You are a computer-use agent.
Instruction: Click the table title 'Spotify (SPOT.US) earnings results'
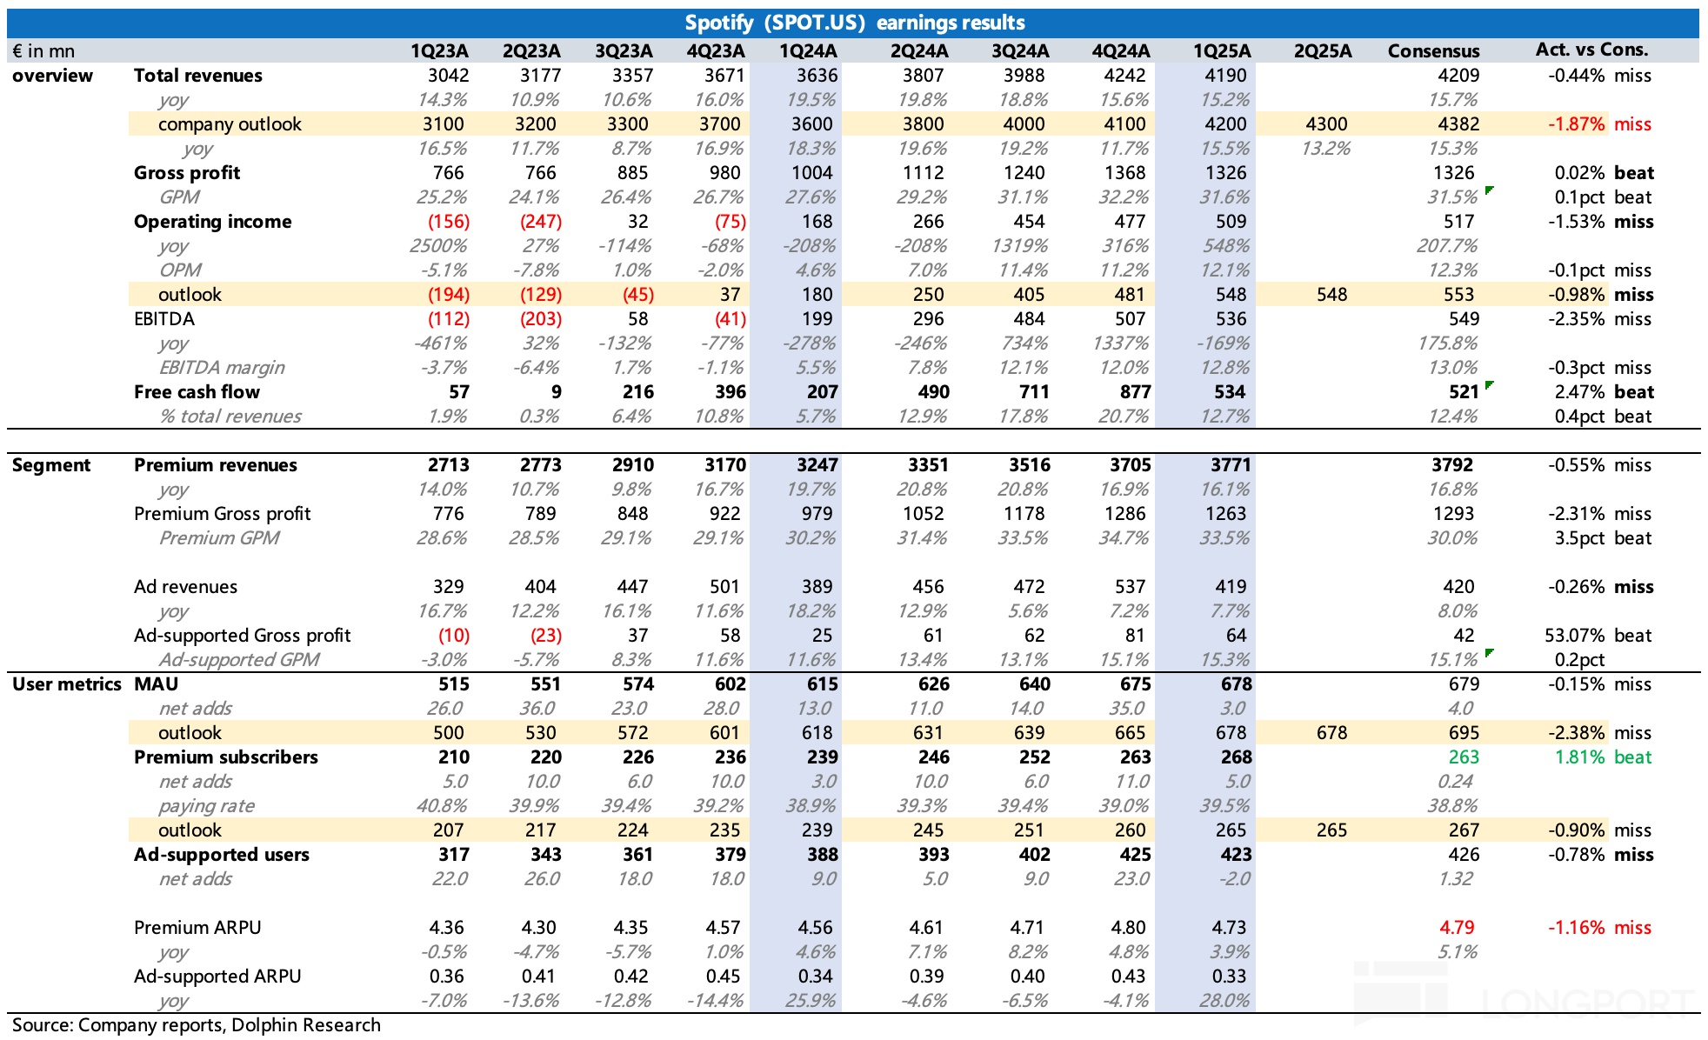(854, 23)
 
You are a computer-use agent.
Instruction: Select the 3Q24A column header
(1020, 51)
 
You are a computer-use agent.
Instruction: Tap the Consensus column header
(1433, 51)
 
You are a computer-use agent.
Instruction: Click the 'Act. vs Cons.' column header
(1591, 50)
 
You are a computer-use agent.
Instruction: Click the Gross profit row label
(187, 173)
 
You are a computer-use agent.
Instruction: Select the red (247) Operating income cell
(540, 222)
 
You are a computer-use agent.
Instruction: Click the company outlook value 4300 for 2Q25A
(1326, 124)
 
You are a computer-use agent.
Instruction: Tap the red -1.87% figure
(1576, 124)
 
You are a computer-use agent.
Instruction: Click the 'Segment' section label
(51, 465)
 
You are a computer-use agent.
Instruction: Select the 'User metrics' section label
(67, 684)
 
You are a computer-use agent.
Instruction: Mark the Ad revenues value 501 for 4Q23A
(724, 587)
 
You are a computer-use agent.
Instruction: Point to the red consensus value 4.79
(1457, 928)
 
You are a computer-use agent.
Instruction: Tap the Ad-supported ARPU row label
(217, 977)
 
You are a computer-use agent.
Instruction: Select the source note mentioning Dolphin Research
(197, 1025)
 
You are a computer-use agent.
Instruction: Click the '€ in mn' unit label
(43, 51)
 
